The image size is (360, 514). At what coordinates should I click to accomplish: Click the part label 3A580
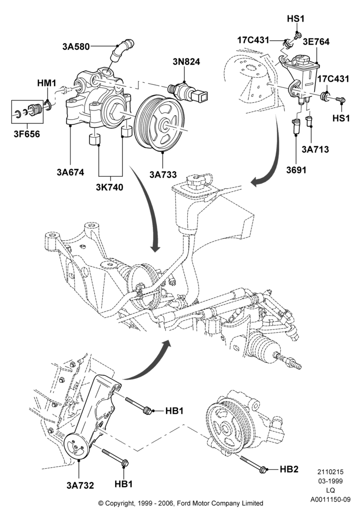tap(76, 47)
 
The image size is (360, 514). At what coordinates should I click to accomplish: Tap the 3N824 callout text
tap(186, 62)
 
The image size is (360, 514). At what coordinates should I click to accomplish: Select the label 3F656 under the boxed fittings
tap(27, 134)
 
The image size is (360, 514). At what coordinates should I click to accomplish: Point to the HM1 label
tap(47, 83)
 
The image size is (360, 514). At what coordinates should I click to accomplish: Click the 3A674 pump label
tap(70, 172)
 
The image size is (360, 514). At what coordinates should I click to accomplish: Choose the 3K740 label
tap(110, 187)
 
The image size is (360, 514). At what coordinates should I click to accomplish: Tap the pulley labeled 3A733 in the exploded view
tap(159, 123)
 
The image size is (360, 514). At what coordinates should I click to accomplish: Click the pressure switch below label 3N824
tap(188, 93)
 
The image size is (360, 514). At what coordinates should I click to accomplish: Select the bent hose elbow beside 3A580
tap(122, 49)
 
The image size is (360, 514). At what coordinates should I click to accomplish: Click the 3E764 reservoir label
tap(316, 42)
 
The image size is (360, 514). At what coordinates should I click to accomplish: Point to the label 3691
tap(296, 170)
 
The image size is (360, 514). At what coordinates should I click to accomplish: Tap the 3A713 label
tap(315, 150)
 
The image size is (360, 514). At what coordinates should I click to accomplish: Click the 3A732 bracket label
tap(80, 486)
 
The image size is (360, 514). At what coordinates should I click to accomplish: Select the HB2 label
tap(289, 469)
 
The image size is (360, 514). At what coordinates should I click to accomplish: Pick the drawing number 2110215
tap(330, 472)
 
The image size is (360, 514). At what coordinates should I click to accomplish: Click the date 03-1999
tap(330, 481)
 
